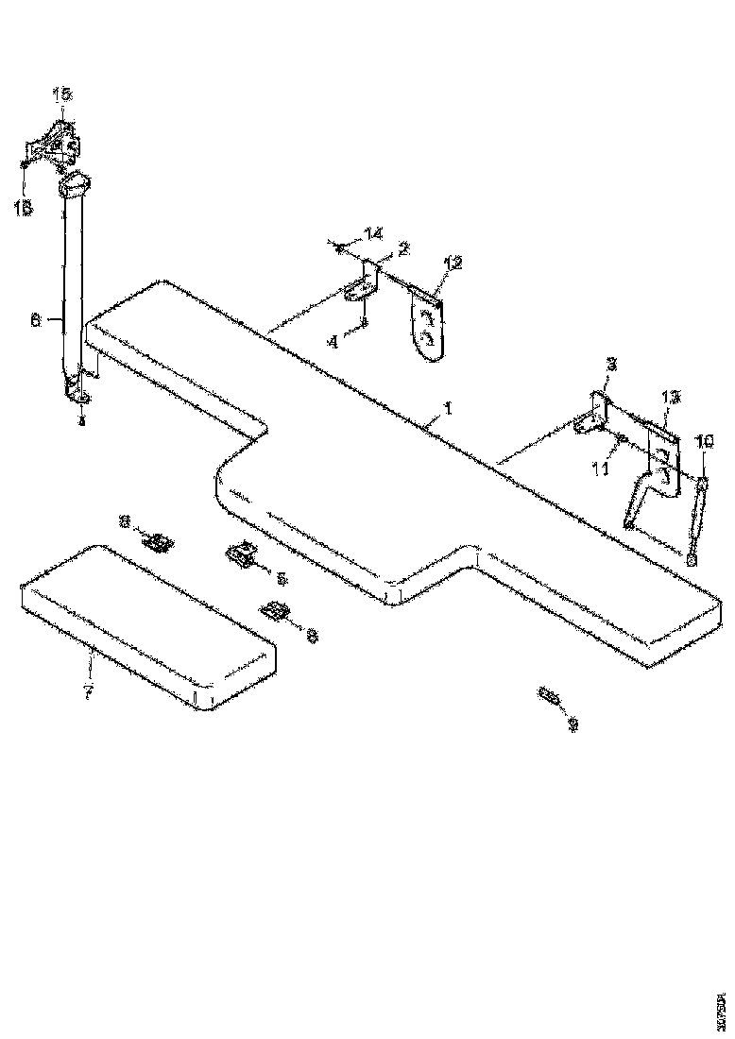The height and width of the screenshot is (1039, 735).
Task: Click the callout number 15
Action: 60,94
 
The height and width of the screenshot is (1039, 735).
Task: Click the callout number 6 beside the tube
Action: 36,321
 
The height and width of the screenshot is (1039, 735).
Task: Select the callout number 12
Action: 453,264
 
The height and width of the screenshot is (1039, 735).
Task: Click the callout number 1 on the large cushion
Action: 450,411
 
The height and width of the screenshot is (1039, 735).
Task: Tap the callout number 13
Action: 669,399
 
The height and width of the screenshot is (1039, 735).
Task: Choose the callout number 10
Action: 705,441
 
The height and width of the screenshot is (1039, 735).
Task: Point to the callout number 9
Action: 573,725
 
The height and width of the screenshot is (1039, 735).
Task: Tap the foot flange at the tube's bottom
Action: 77,390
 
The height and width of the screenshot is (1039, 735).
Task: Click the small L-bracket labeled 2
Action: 365,285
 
